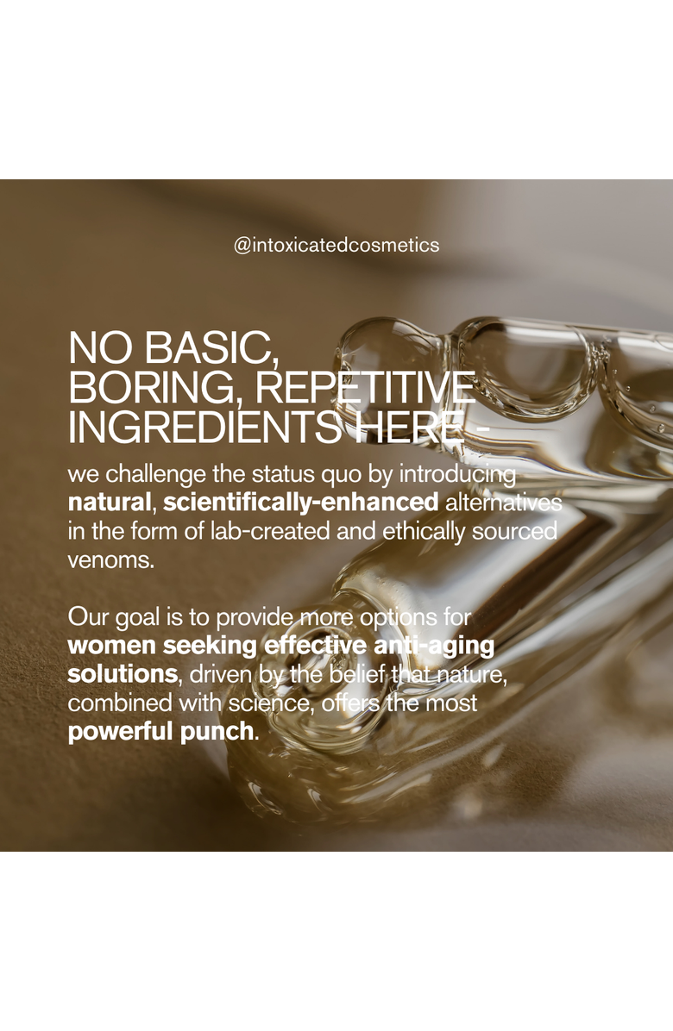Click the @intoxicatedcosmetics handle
(x=336, y=246)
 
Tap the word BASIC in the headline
(x=208, y=347)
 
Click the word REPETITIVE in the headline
(x=364, y=388)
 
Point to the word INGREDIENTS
(x=204, y=428)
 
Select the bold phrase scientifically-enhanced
(x=300, y=503)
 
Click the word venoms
(x=110, y=561)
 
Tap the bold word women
(x=112, y=646)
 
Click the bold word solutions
(x=123, y=675)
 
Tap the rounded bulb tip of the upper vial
(x=368, y=348)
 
